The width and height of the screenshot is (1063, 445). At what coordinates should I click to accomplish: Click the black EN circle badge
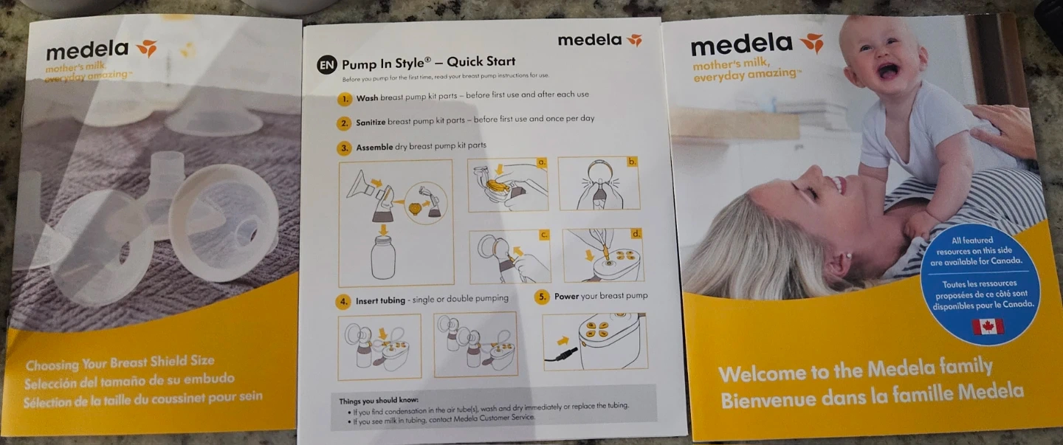[x=327, y=64]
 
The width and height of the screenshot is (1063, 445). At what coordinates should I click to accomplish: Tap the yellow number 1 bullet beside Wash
[x=345, y=99]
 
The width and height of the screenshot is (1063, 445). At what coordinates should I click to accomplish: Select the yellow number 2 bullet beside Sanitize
[x=345, y=123]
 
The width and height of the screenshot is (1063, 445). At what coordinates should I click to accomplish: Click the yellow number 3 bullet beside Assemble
[x=345, y=148]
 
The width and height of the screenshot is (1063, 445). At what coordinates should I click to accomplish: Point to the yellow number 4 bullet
[x=343, y=301]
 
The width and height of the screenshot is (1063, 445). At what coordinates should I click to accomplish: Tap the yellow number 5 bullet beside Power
[x=542, y=297]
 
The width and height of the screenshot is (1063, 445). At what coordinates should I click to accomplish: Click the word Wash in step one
[x=368, y=98]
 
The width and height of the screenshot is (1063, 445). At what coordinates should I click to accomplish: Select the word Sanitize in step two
[x=371, y=123]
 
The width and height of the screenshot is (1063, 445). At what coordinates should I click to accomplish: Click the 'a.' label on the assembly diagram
[x=542, y=162]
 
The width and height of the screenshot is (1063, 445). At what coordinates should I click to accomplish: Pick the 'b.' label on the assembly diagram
[x=632, y=162]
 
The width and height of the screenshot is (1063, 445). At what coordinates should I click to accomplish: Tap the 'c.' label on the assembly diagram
[x=544, y=235]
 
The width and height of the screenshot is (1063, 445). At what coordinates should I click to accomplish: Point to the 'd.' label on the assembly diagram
[x=636, y=233]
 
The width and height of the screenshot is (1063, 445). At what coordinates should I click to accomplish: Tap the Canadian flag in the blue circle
[x=988, y=327]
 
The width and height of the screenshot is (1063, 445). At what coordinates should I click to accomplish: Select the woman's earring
[x=848, y=255]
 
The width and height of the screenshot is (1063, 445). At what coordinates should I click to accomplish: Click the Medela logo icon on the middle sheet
[x=635, y=40]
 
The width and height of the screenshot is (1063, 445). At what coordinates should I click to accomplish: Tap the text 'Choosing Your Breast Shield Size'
[x=120, y=363]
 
